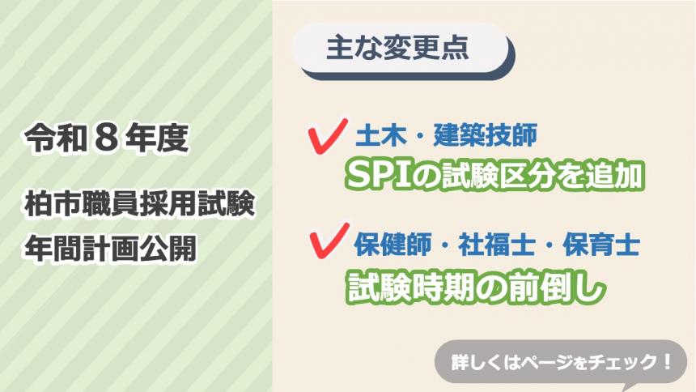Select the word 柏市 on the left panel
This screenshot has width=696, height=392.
click(56, 206)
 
